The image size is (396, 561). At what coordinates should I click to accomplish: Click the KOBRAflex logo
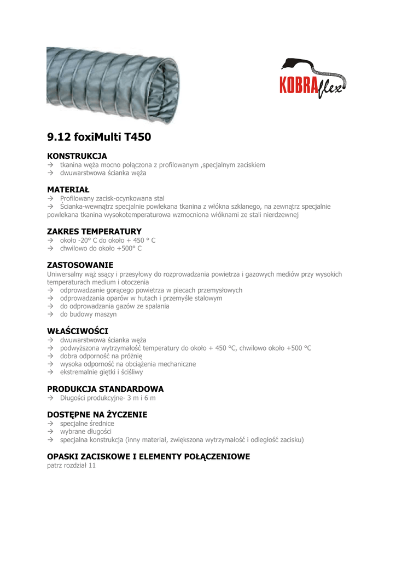pyautogui.click(x=313, y=78)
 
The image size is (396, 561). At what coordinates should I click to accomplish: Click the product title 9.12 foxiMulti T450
pyautogui.click(x=99, y=138)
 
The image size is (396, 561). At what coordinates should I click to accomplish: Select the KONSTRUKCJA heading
pyautogui.click(x=77, y=156)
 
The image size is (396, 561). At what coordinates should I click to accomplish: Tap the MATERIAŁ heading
pyautogui.click(x=68, y=190)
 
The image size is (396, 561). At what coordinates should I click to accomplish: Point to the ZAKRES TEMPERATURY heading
pyautogui.click(x=94, y=231)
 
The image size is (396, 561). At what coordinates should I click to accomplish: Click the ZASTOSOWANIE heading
pyautogui.click(x=80, y=265)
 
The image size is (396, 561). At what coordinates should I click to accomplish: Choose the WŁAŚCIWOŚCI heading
pyautogui.click(x=78, y=331)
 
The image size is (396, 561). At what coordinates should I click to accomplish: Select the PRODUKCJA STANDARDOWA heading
pyautogui.click(x=105, y=389)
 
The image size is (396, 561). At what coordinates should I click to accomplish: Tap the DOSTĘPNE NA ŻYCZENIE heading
pyautogui.click(x=97, y=415)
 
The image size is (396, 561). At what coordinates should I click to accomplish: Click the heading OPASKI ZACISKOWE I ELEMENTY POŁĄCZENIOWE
pyautogui.click(x=148, y=456)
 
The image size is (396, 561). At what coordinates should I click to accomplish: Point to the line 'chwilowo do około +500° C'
pyautogui.click(x=101, y=248)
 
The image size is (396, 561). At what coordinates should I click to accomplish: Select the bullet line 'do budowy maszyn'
pyautogui.click(x=88, y=314)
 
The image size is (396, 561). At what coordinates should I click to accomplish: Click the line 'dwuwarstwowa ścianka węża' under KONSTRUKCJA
pyautogui.click(x=103, y=173)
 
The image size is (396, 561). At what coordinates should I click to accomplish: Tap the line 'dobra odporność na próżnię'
pyautogui.click(x=101, y=356)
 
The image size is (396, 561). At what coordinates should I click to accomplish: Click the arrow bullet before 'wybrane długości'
pyautogui.click(x=50, y=432)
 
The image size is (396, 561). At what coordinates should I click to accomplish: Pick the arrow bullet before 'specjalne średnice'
pyautogui.click(x=50, y=423)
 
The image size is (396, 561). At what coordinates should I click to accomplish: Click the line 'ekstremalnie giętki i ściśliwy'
pyautogui.click(x=101, y=372)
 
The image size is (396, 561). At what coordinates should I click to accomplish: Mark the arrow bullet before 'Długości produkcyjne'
pyautogui.click(x=50, y=398)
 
